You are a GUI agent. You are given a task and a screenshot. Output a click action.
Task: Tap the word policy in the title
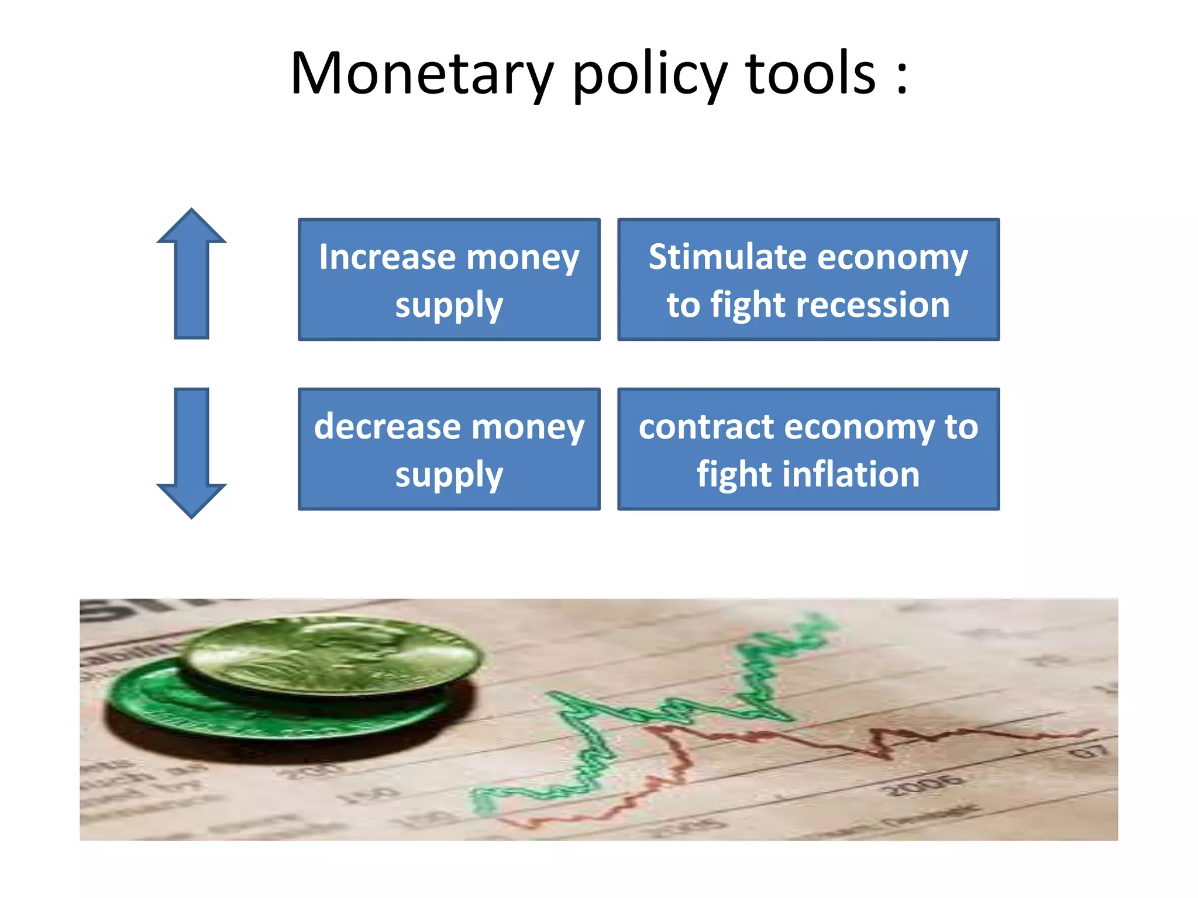tap(649, 75)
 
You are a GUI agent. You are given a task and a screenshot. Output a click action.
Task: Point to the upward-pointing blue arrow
tap(191, 275)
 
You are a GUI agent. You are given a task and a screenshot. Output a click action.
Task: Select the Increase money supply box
tap(449, 279)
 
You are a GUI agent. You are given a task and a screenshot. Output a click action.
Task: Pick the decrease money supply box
tap(449, 449)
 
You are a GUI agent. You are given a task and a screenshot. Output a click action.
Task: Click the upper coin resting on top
tap(333, 655)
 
